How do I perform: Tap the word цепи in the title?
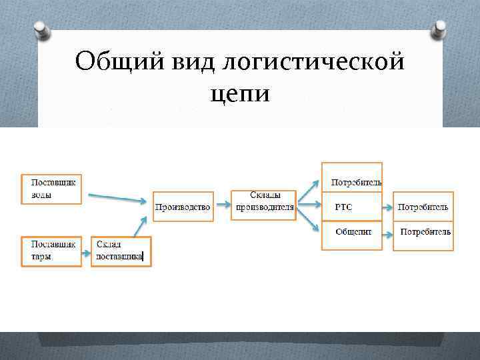point(240,93)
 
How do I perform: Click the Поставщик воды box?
point(51,189)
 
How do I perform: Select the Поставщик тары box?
point(51,251)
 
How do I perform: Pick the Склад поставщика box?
point(121,251)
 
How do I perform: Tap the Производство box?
point(183,207)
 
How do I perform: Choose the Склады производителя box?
point(264,201)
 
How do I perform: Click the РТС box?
point(352,207)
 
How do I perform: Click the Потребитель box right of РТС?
point(423,207)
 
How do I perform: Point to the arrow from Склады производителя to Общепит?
point(306,221)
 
